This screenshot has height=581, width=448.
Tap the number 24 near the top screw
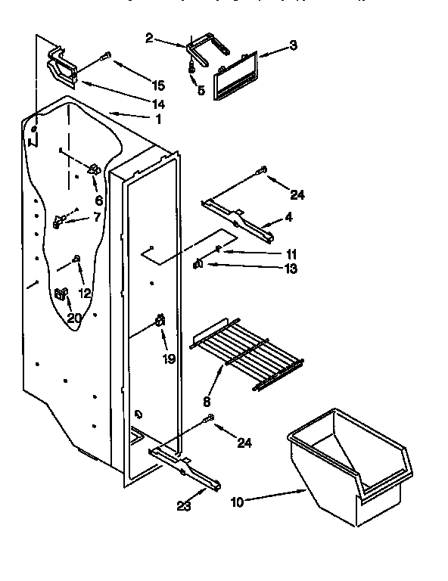(297, 194)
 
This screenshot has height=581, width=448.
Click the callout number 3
(293, 46)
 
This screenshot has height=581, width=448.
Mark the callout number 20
(73, 318)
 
